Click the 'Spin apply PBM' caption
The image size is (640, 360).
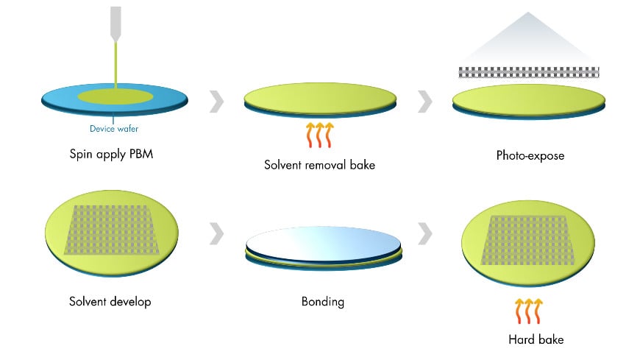113,155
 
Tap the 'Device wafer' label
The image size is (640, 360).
113,129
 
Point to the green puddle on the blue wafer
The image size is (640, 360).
115,96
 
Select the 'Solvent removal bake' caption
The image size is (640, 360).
319,165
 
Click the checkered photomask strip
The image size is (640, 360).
529,72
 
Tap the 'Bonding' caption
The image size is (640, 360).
322,302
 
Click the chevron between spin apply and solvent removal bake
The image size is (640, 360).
216,102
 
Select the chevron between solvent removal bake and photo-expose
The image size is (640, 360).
424,102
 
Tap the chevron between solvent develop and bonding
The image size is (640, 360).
216,234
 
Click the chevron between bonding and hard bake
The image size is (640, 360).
424,234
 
